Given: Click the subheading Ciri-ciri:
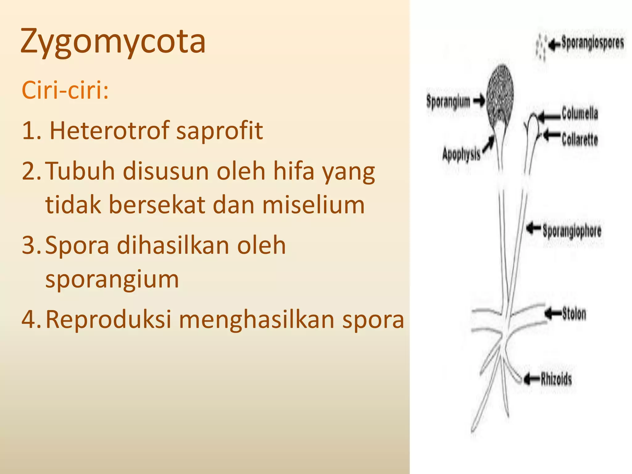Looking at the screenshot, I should tap(65, 90).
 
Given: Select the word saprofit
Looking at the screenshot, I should tap(219, 131).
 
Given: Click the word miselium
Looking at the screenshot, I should tap(314, 205).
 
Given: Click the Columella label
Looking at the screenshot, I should tap(580, 113).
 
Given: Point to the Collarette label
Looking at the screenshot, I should tap(580, 139).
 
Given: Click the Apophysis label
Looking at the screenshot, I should tap(461, 154).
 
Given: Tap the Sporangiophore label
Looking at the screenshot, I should tap(572, 231).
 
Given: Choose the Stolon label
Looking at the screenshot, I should tap(574, 314).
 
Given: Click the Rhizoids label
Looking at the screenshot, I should tap(556, 379).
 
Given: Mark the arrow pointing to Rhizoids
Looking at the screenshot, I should tap(531, 379).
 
